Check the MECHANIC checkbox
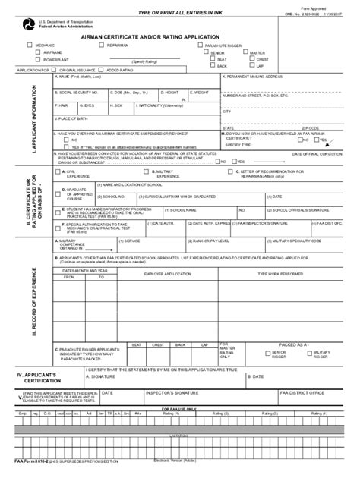(x=30, y=46)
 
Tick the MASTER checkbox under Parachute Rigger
(x=244, y=52)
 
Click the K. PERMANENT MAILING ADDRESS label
(x=254, y=77)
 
